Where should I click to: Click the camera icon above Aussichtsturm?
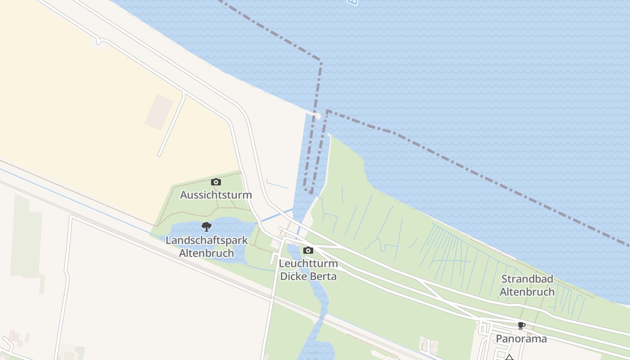(216, 182)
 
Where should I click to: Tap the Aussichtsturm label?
(216, 195)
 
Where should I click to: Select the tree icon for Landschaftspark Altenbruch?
(207, 226)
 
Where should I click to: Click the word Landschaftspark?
(207, 240)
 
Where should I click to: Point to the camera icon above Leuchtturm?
(308, 250)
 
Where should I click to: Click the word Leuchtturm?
(308, 263)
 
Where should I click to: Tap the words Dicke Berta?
(308, 276)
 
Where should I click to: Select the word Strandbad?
(527, 279)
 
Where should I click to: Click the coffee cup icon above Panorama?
(522, 325)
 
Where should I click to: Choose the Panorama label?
(522, 338)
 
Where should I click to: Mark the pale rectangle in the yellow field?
(159, 112)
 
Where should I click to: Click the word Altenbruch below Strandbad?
(527, 292)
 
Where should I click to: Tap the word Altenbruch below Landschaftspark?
(207, 253)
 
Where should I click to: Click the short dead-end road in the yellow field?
(171, 124)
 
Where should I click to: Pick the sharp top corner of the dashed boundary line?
(321, 60)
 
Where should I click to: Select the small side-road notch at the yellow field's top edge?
(99, 41)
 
